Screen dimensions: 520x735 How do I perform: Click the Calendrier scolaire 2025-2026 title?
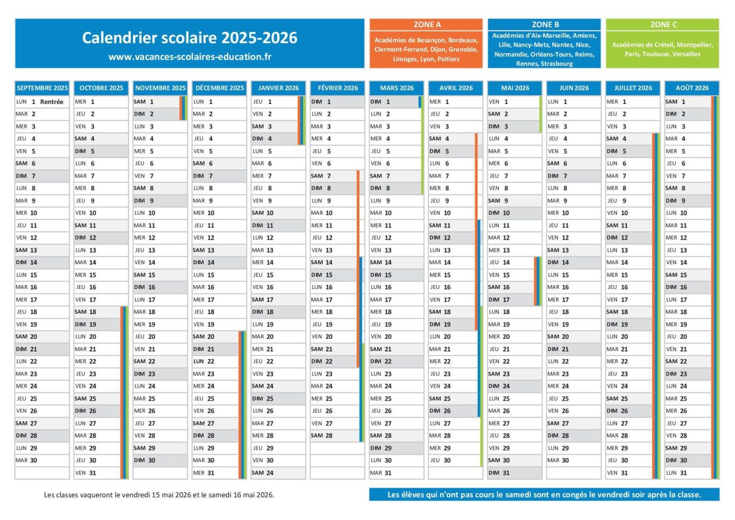click(x=190, y=38)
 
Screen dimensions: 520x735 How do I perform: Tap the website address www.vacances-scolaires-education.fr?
click(x=190, y=57)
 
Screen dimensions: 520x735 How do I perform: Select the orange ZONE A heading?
click(x=426, y=25)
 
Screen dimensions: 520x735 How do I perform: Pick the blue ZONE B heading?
click(x=544, y=25)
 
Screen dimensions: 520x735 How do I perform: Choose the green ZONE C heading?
click(x=663, y=25)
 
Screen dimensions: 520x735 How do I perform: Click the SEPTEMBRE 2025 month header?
click(x=42, y=88)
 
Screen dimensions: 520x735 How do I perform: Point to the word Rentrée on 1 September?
click(x=51, y=102)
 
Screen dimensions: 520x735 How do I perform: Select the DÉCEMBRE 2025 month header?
click(x=219, y=88)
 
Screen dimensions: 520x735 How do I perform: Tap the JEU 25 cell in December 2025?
click(x=205, y=399)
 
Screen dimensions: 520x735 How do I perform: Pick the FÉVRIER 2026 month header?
click(x=338, y=88)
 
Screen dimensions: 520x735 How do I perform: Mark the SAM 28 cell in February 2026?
click(x=322, y=435)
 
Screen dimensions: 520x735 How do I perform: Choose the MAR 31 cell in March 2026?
click(x=382, y=473)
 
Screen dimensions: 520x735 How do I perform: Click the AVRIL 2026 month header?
click(x=456, y=88)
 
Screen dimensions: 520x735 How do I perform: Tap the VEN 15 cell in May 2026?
click(x=500, y=275)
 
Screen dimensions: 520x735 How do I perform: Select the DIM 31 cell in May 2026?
click(x=500, y=473)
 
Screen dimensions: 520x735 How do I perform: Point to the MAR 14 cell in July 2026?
click(x=618, y=262)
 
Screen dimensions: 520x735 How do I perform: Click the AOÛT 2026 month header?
click(x=692, y=88)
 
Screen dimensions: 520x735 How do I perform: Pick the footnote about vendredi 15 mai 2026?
click(x=159, y=495)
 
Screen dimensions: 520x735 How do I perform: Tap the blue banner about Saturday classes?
click(x=544, y=495)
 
